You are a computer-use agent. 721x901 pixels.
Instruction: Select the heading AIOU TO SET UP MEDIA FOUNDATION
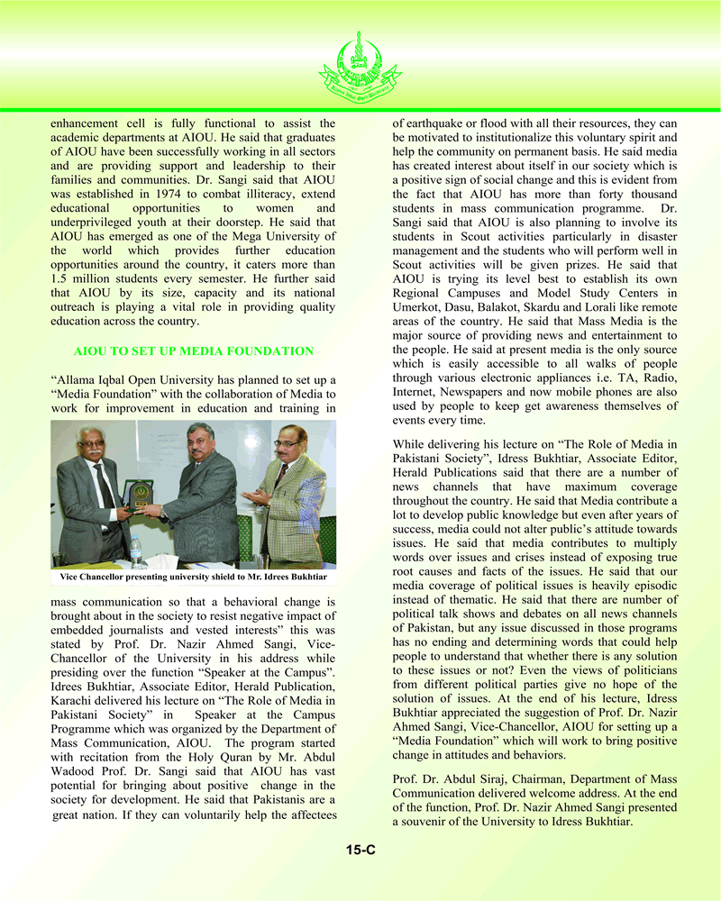[x=194, y=351]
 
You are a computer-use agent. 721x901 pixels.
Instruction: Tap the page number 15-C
[x=360, y=849]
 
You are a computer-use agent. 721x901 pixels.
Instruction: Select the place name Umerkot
[x=415, y=308]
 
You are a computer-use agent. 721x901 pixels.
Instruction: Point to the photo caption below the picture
[x=194, y=576]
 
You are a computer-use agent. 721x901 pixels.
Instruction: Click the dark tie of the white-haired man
[x=105, y=487]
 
